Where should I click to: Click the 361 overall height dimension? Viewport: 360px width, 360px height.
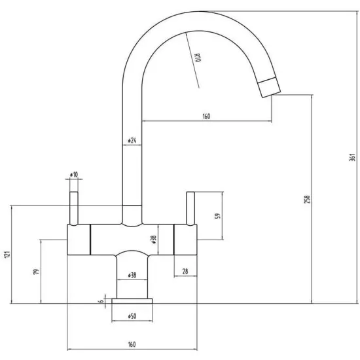(x=351, y=158)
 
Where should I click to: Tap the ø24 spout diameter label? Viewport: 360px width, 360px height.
(x=131, y=141)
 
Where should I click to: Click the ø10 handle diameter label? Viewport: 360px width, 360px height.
(x=73, y=175)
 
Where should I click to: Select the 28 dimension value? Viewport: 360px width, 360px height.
(x=185, y=270)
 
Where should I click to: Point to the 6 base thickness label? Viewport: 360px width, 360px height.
(x=100, y=302)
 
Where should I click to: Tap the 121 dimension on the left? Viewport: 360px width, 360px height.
(x=7, y=255)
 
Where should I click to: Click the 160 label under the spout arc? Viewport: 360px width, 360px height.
(x=206, y=117)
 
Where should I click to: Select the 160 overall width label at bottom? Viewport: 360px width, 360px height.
(x=132, y=344)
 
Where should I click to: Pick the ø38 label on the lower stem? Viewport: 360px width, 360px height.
(x=132, y=275)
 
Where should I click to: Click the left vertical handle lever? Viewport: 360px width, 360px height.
(x=74, y=207)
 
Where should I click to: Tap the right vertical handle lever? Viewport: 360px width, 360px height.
(x=190, y=207)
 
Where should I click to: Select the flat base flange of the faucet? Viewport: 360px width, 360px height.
(x=132, y=301)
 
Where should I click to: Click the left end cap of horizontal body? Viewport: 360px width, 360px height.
(x=79, y=238)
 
